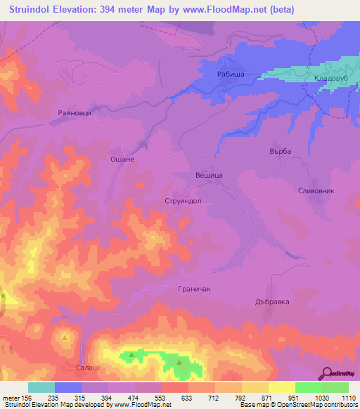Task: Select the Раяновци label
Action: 75,112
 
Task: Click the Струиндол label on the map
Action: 183,200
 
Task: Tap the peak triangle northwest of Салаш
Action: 65,337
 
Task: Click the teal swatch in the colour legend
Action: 41,387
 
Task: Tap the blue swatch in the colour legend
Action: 68,387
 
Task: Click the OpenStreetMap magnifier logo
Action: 327,373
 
